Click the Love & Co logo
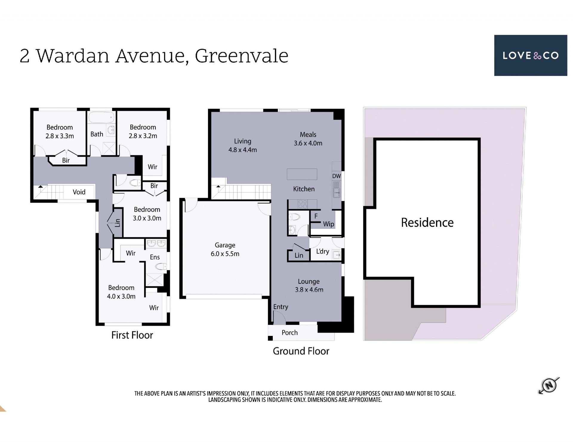(530, 55)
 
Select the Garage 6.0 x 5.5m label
(225, 249)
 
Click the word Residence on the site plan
(427, 223)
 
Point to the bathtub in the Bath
(102, 117)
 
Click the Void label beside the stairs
(79, 192)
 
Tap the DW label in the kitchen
(337, 176)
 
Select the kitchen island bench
(302, 174)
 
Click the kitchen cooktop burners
(303, 204)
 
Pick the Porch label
(289, 333)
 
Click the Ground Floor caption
(301, 351)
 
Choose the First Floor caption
(132, 335)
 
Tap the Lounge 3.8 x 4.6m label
(309, 286)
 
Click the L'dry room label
(323, 252)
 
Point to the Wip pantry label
(329, 224)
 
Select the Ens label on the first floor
(155, 257)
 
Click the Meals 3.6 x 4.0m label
(308, 139)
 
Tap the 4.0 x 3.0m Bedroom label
(121, 292)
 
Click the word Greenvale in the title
(241, 56)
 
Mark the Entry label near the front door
(281, 307)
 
